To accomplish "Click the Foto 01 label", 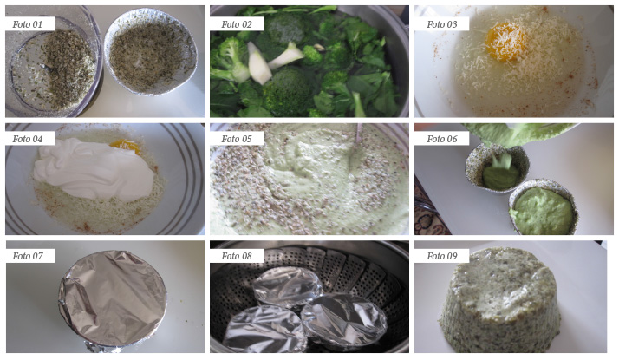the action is coord(27,24).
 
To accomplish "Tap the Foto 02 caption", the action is coord(237,24).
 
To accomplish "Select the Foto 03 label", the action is coord(442,24).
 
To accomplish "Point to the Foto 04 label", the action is coord(27,139).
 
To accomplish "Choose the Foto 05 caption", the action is coord(237,139).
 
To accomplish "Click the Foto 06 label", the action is coord(442,139).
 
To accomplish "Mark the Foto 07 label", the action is coord(27,256).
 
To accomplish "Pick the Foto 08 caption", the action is coord(237,256).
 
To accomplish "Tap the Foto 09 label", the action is coord(442,256).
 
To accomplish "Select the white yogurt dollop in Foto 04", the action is coord(94,168).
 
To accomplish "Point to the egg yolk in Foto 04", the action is coord(126,147).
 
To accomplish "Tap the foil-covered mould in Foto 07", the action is coord(113,300).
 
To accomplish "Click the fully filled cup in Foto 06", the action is coord(543,207).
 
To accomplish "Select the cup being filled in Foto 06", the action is coord(497,168).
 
